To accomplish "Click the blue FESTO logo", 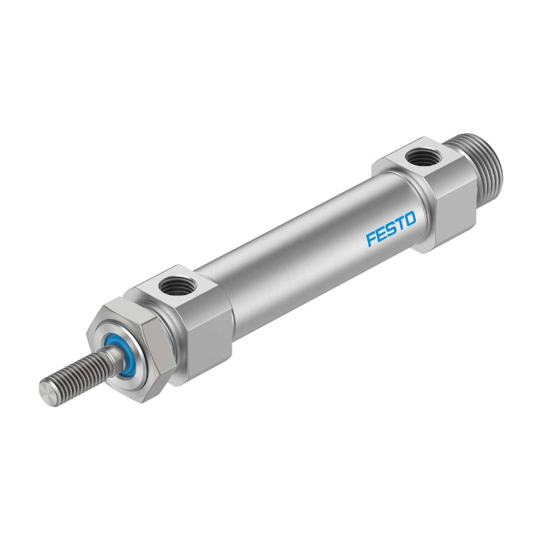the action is (391, 229).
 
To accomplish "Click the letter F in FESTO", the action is (371, 239).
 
